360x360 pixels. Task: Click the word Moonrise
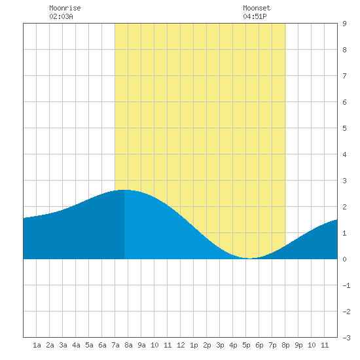pyautogui.click(x=65, y=8)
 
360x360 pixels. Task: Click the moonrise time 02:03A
pyautogui.click(x=61, y=16)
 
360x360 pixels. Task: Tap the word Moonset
pyautogui.click(x=257, y=8)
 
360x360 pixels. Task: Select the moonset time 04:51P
pyautogui.click(x=255, y=16)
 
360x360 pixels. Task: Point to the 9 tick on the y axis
pyautogui.click(x=344, y=24)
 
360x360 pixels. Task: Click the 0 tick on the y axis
pyautogui.click(x=344, y=259)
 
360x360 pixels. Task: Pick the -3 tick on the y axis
pyautogui.click(x=346, y=338)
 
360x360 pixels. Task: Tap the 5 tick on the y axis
pyautogui.click(x=344, y=128)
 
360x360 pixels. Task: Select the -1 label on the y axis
pyautogui.click(x=346, y=285)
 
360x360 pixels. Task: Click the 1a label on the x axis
pyautogui.click(x=37, y=345)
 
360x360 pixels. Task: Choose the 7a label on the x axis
pyautogui.click(x=115, y=345)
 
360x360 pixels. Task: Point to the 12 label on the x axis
pyautogui.click(x=181, y=345)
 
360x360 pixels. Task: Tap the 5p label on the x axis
pyautogui.click(x=246, y=345)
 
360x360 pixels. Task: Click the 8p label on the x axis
pyautogui.click(x=285, y=345)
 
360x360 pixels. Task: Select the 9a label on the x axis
pyautogui.click(x=141, y=345)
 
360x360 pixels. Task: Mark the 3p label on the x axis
pyautogui.click(x=220, y=345)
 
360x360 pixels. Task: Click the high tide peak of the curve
pyautogui.click(x=124, y=190)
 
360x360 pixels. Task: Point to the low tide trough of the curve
pyautogui.click(x=250, y=259)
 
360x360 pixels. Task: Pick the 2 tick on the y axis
pyautogui.click(x=344, y=207)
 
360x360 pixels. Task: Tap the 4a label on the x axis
pyautogui.click(x=76, y=345)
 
